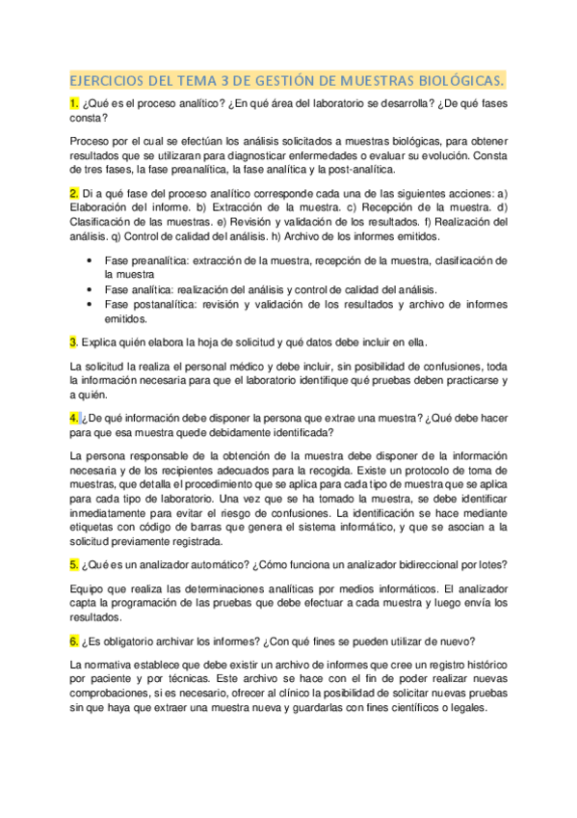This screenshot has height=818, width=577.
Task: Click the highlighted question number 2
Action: tap(74, 192)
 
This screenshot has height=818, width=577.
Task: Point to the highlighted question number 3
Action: tap(73, 341)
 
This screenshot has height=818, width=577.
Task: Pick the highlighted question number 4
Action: tap(74, 417)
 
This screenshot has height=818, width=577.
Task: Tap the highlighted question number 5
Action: tap(74, 563)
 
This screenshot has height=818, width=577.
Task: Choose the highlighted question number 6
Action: tap(74, 640)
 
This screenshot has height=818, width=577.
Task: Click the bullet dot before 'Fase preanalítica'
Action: tap(90, 260)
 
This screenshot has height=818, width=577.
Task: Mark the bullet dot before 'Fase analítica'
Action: tap(90, 288)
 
